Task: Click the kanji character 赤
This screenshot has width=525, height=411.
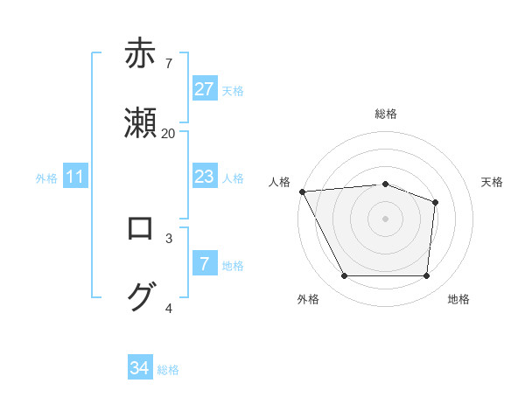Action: [x=140, y=53]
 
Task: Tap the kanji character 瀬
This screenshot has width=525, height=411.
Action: [x=140, y=123]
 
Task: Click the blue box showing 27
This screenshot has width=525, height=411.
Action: [x=204, y=89]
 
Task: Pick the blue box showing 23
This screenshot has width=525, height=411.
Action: [x=204, y=177]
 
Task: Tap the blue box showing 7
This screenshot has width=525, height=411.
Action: [x=204, y=264]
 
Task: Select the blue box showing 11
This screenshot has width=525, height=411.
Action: [x=75, y=178]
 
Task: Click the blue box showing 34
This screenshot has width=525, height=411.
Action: [x=140, y=368]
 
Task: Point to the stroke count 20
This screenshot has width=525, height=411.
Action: [x=168, y=133]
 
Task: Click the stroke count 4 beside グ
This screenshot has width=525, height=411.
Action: [x=169, y=308]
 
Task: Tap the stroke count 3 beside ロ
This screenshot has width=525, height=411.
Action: [x=169, y=238]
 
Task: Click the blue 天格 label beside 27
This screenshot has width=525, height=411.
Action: [x=233, y=90]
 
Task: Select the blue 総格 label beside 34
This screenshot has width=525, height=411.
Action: [x=168, y=370]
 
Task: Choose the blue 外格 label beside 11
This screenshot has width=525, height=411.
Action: [x=46, y=178]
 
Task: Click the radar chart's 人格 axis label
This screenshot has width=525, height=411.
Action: [x=279, y=182]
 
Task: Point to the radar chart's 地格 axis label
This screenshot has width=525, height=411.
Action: [x=458, y=299]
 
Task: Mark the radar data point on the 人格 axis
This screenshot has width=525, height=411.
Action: [x=302, y=191]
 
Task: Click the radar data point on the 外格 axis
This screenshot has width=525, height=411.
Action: [x=344, y=276]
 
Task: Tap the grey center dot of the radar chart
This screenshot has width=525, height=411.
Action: [x=385, y=218]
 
